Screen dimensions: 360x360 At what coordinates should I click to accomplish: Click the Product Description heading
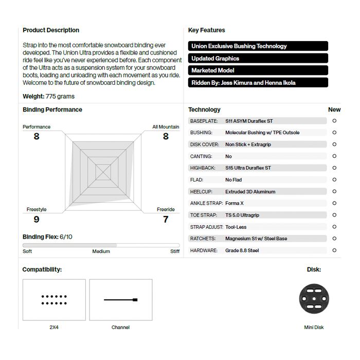click(51, 30)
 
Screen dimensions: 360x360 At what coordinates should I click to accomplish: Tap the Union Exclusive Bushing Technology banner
click(258, 46)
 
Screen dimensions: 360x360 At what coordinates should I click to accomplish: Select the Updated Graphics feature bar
click(258, 59)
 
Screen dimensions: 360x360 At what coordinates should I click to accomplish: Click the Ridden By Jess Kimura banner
click(258, 83)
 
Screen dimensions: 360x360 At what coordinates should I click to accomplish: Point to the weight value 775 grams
click(60, 96)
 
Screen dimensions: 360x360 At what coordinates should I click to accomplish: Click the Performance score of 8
click(37, 136)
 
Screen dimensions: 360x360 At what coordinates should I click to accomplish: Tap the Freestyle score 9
click(37, 220)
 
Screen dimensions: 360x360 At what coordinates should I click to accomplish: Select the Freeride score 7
click(166, 220)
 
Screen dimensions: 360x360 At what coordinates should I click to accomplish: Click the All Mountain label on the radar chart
click(166, 127)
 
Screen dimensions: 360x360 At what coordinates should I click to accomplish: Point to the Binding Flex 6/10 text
click(47, 237)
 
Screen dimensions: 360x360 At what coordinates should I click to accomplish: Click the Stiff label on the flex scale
click(175, 251)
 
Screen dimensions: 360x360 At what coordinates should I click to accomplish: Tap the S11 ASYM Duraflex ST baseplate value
click(249, 121)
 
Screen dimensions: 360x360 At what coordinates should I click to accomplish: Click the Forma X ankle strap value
click(235, 204)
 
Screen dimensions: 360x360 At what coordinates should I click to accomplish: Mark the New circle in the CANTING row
click(334, 156)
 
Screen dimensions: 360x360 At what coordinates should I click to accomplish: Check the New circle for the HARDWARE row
click(334, 250)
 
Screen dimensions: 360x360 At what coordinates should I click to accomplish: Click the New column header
click(334, 110)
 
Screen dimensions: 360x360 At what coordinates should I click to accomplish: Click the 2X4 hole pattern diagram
click(54, 300)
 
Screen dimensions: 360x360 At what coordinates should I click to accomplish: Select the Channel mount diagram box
click(121, 300)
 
